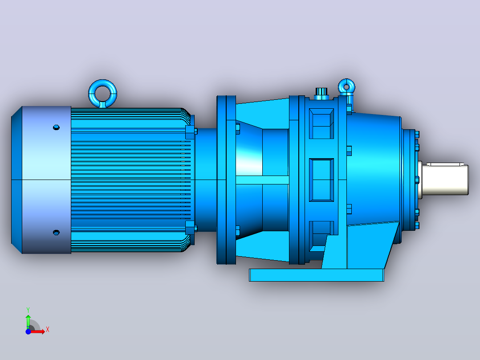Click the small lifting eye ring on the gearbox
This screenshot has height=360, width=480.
coord(346,82)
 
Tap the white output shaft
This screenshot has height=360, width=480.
coord(444,179)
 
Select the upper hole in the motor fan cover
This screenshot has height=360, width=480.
coord(56,127)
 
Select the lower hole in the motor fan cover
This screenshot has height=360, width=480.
coord(56,233)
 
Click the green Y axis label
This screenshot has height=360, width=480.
coord(28,310)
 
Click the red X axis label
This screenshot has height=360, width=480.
coord(48,330)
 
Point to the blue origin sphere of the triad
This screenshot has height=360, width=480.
coord(28,331)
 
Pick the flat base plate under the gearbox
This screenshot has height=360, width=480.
coord(317,275)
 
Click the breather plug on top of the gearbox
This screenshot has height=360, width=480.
coord(321,93)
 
